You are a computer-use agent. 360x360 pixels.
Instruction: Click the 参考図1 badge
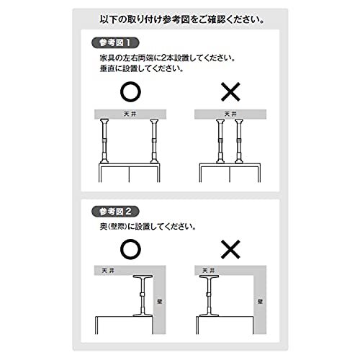pyautogui.click(x=115, y=43)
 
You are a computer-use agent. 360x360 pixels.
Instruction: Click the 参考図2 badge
pyautogui.click(x=115, y=212)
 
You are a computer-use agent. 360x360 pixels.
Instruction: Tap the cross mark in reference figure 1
pyautogui.click(x=230, y=92)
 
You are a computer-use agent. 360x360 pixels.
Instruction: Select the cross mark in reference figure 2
pyautogui.click(x=230, y=249)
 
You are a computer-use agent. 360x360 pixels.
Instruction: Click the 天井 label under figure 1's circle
pyautogui.click(x=130, y=114)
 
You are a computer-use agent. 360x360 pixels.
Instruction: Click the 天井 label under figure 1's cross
pyautogui.click(x=230, y=114)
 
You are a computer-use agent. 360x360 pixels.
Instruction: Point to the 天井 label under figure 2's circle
pyautogui.click(x=108, y=271)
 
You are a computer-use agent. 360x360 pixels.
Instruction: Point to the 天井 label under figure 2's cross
pyautogui.click(x=208, y=271)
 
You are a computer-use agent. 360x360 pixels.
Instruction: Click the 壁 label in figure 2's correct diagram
pyautogui.click(x=160, y=302)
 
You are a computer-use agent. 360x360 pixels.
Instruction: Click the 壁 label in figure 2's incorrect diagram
pyautogui.click(x=260, y=302)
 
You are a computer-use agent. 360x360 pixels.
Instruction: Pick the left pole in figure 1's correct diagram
pyautogui.click(x=104, y=141)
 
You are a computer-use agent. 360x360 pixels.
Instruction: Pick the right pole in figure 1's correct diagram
pyautogui.click(x=154, y=141)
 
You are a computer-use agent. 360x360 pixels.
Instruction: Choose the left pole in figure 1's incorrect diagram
pyautogui.click(x=220, y=141)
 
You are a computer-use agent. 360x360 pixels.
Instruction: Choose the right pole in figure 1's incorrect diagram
pyautogui.click(x=239, y=141)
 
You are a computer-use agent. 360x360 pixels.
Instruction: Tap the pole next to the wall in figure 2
pyautogui.click(x=143, y=296)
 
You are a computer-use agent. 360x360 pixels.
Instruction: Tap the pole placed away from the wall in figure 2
pyautogui.click(x=209, y=296)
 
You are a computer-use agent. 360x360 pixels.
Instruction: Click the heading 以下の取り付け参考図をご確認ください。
pyautogui.click(x=182, y=19)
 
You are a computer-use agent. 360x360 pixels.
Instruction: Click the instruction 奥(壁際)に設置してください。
pyautogui.click(x=148, y=226)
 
